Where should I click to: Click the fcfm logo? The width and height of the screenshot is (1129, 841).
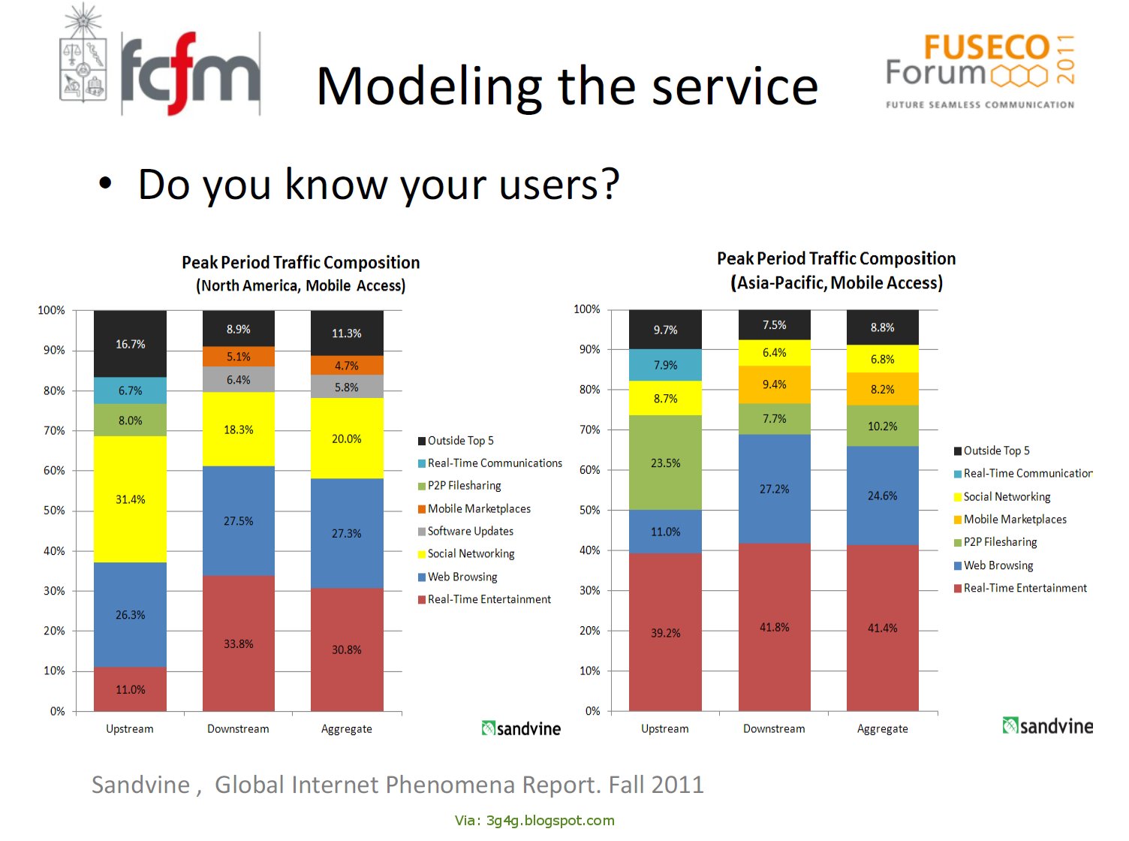click(x=190, y=73)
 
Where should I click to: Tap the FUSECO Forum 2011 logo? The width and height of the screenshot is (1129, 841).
click(x=980, y=70)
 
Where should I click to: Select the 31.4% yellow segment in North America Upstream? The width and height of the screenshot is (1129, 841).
click(x=130, y=499)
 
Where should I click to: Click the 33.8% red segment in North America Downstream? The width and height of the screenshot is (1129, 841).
click(x=238, y=644)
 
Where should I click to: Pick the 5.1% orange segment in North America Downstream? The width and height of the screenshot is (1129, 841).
click(x=238, y=357)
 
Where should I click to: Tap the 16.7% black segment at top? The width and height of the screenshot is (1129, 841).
click(x=130, y=344)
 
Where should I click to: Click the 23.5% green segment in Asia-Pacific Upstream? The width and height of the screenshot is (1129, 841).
click(x=665, y=463)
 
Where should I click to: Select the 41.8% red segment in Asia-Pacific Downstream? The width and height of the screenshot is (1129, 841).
click(x=774, y=627)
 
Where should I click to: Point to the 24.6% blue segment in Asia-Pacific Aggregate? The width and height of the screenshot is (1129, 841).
click(x=882, y=496)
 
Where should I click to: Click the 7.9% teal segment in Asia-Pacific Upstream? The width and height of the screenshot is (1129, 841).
click(x=665, y=365)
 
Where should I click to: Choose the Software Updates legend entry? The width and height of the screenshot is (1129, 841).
click(x=470, y=531)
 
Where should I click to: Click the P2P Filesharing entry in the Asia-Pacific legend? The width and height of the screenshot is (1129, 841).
click(x=999, y=542)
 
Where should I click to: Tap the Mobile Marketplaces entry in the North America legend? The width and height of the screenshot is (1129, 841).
click(x=478, y=508)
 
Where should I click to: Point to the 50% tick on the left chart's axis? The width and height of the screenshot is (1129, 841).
click(x=54, y=511)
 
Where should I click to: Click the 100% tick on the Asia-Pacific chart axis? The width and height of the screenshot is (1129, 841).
click(x=586, y=309)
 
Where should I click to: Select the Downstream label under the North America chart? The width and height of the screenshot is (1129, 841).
click(x=238, y=728)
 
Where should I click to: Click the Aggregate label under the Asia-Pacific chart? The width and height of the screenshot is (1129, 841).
click(x=882, y=728)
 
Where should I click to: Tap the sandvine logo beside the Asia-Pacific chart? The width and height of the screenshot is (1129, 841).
click(x=1047, y=725)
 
